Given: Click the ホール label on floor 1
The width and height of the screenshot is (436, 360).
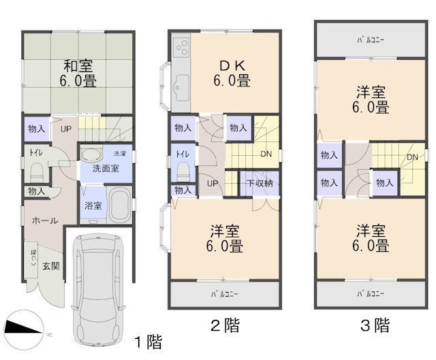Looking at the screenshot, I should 45,220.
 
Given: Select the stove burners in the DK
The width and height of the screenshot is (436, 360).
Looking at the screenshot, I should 182,47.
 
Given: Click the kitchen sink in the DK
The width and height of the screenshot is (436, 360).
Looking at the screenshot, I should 182,87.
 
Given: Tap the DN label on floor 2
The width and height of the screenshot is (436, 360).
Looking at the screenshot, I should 266,154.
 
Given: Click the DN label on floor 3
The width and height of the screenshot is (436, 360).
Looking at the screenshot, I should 412,158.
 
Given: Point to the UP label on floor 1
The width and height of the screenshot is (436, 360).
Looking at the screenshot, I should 67,129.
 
